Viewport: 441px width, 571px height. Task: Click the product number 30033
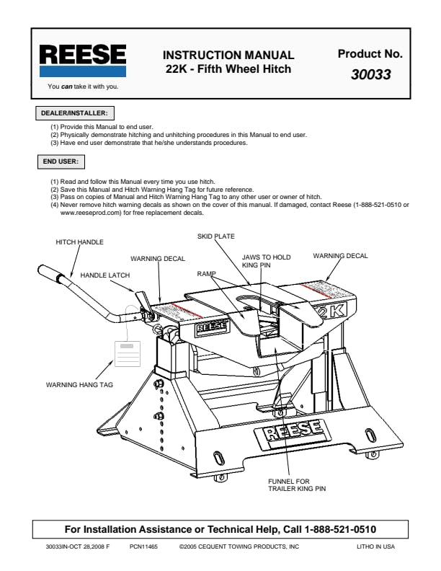tap(371, 74)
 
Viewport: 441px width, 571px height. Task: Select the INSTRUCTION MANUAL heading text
tap(228, 55)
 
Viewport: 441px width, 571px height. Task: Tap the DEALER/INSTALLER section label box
tap(74, 113)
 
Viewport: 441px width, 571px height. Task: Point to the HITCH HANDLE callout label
tap(79, 242)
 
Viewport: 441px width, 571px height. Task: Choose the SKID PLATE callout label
tap(215, 236)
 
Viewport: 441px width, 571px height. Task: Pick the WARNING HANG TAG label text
tap(79, 385)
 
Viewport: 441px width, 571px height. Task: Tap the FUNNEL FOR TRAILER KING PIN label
tap(297, 484)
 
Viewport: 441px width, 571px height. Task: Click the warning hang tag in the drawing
tap(124, 355)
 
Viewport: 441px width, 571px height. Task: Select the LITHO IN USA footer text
tap(375, 547)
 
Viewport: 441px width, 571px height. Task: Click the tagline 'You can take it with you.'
tap(83, 87)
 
